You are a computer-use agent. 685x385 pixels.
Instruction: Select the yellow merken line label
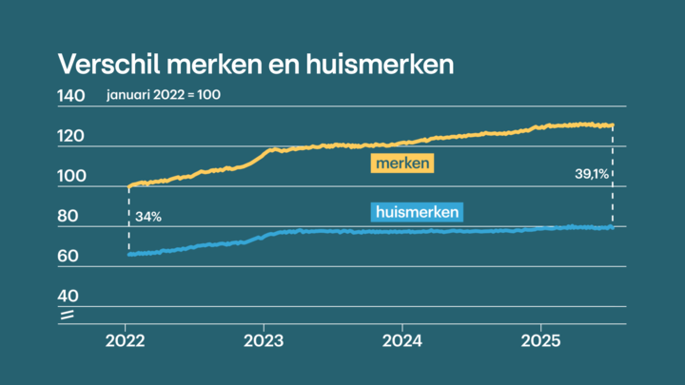(401, 164)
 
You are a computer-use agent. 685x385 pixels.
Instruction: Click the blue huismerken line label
(415, 212)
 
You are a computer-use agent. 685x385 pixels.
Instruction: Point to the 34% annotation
(147, 217)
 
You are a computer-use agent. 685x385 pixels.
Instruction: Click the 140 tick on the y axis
(71, 96)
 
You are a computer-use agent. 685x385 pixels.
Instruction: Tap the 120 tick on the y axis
(71, 137)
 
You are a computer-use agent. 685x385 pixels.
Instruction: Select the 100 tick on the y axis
(71, 177)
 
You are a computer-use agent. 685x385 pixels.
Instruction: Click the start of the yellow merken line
(128, 186)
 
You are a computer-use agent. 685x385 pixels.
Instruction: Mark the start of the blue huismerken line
(128, 254)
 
